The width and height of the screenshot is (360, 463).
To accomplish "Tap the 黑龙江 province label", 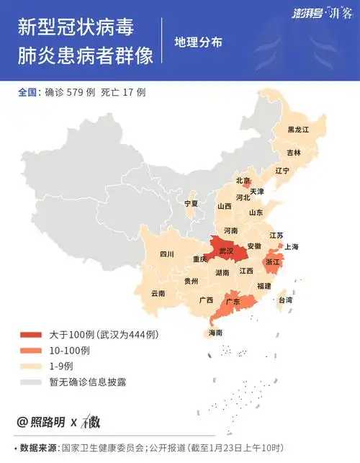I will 297,130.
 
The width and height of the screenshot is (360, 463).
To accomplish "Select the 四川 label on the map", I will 167,254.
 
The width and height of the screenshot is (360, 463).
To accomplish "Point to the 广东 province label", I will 233,302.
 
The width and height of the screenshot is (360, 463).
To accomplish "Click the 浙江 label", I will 273,263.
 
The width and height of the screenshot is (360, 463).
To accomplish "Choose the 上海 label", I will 292,246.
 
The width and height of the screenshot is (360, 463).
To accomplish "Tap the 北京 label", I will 243,180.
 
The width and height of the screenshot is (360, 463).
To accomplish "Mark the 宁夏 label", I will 191,204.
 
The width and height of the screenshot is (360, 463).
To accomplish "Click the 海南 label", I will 215,333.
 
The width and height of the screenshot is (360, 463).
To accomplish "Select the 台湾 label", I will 285,300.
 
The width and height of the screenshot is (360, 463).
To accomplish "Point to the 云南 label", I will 158,293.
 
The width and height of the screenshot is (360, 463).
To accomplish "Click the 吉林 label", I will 294,153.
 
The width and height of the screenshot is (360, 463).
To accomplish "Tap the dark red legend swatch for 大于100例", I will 31,335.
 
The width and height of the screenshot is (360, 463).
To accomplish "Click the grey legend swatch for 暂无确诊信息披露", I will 31,382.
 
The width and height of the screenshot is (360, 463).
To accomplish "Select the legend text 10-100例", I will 69,351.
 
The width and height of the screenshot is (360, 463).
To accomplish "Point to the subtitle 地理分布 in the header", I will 198,42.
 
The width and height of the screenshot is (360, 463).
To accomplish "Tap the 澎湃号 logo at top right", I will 309,14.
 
